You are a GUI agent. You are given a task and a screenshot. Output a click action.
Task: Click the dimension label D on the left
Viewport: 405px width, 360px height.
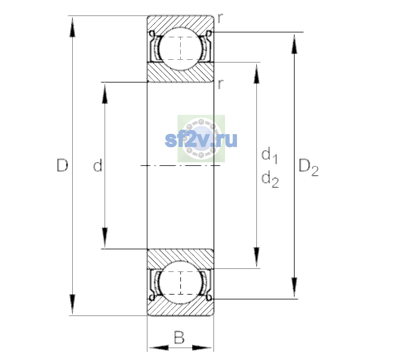click(x=62, y=165)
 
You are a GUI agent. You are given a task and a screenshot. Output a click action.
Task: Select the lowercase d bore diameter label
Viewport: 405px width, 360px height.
click(x=97, y=165)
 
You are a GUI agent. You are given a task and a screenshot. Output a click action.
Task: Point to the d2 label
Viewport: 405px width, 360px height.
click(x=270, y=179)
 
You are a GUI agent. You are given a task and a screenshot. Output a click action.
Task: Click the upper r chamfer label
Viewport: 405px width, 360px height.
click(x=220, y=18)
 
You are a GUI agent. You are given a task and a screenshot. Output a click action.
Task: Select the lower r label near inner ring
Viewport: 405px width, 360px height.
click(x=220, y=84)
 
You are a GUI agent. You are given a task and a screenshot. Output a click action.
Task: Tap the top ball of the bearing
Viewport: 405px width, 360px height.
click(x=181, y=49)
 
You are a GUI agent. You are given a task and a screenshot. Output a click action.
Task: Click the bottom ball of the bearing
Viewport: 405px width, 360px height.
click(x=181, y=283)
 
